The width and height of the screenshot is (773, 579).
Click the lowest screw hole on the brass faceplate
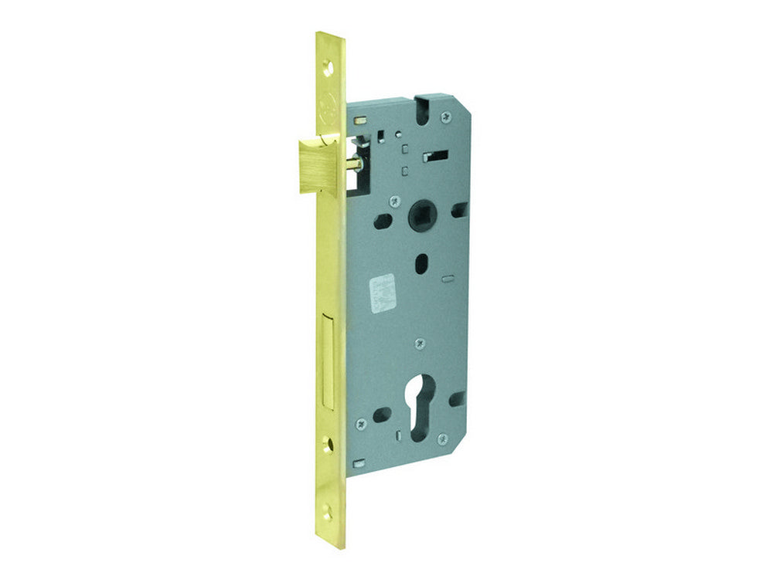click(330, 509)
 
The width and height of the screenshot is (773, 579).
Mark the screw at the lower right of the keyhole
click(442, 438)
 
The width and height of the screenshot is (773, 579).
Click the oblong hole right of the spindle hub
click(459, 208)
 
